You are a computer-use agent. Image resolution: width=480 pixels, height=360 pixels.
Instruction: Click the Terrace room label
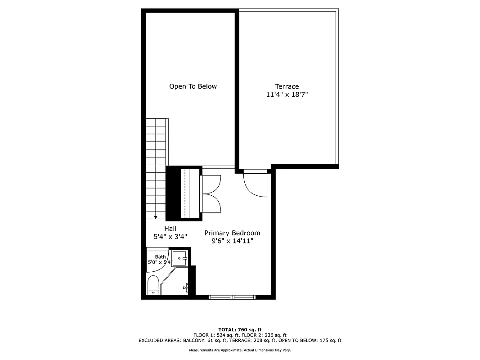(287, 86)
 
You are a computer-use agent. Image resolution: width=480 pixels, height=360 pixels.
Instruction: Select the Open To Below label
(193, 86)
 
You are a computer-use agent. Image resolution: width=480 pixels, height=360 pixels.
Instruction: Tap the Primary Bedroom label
(232, 233)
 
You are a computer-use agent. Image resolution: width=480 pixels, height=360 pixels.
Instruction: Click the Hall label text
(170, 229)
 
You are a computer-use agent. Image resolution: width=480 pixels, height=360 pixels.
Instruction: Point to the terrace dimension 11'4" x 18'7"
(287, 95)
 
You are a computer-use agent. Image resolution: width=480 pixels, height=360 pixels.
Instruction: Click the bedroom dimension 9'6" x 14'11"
(232, 241)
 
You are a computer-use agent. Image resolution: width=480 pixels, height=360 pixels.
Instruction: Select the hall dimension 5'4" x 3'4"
(170, 236)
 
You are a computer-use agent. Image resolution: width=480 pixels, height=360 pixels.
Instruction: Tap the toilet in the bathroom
(153, 286)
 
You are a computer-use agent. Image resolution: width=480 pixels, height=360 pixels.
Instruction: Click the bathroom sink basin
(182, 258)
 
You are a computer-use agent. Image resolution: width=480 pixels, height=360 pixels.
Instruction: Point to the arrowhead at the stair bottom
(156, 217)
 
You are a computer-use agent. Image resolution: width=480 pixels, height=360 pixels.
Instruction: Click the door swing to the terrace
(255, 184)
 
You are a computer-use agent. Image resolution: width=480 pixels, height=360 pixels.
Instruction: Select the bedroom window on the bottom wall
(232, 297)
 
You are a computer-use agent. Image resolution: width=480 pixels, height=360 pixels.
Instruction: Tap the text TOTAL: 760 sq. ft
(240, 329)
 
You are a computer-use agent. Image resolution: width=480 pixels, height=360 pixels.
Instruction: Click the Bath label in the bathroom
(160, 257)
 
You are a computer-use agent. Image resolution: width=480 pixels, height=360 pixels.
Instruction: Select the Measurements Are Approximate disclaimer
(240, 350)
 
